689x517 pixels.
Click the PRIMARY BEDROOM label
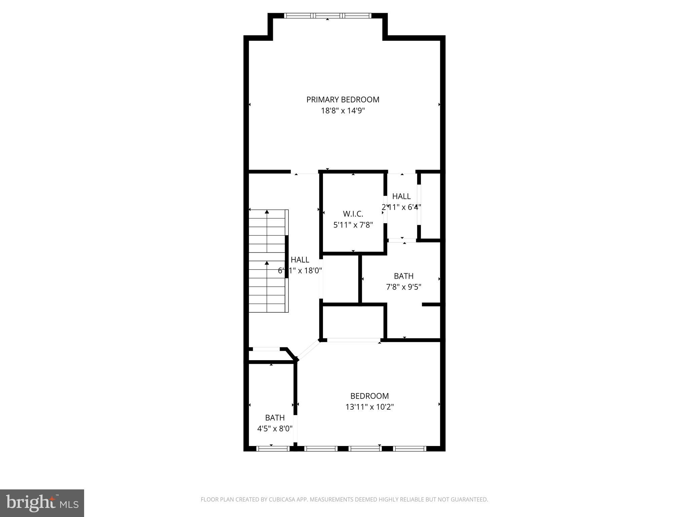pyautogui.click(x=342, y=100)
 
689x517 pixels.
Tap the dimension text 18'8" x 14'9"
pyautogui.click(x=342, y=111)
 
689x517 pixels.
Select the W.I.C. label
pyautogui.click(x=353, y=214)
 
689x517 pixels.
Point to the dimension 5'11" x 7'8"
pyautogui.click(x=353, y=225)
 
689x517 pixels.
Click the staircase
pyautogui.click(x=268, y=261)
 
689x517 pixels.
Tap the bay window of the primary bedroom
pyautogui.click(x=328, y=15)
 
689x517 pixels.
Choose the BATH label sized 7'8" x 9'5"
pyautogui.click(x=403, y=276)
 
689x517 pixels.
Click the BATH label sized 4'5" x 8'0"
pyautogui.click(x=275, y=418)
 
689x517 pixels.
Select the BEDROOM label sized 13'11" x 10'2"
pyautogui.click(x=369, y=396)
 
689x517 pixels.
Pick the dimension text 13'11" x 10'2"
pyautogui.click(x=369, y=407)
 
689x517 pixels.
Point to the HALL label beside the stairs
pyautogui.click(x=300, y=260)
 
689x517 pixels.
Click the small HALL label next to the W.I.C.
pyautogui.click(x=401, y=196)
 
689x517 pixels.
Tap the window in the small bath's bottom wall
pyautogui.click(x=273, y=448)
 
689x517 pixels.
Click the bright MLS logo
pyautogui.click(x=42, y=503)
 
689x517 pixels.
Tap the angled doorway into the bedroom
pyautogui.click(x=308, y=350)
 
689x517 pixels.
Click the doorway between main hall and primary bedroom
pyautogui.click(x=305, y=173)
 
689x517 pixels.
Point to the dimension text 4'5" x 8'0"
pyautogui.click(x=275, y=429)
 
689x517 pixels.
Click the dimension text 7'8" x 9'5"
pyautogui.click(x=403, y=287)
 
